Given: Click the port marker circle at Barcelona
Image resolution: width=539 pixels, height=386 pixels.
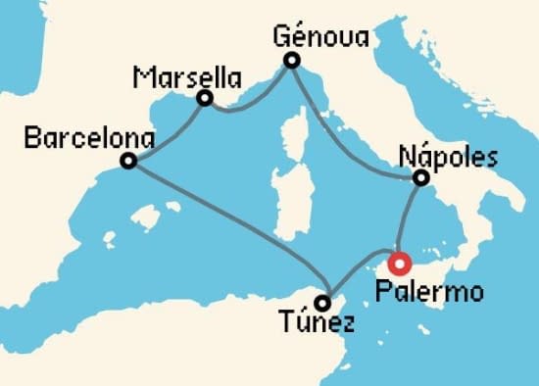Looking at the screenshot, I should point(128,162).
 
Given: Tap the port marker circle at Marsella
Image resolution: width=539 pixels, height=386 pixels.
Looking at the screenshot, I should point(205,98).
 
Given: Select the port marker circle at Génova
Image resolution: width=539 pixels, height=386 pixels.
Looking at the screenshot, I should point(291,61).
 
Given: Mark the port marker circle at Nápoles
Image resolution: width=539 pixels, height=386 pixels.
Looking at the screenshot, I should point(420,178).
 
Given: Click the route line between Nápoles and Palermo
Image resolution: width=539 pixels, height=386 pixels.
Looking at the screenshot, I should point(408,220).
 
